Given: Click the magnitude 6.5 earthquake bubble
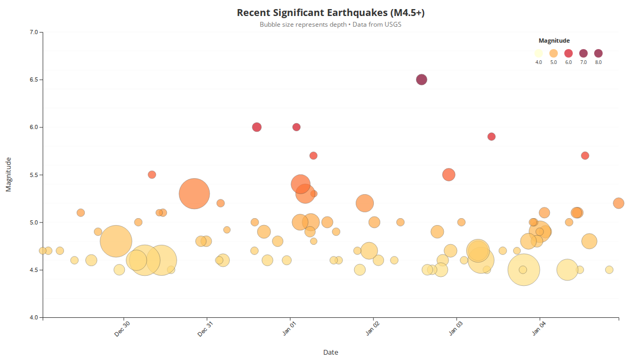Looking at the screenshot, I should click(421, 79).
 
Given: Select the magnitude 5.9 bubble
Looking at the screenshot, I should click(491, 137).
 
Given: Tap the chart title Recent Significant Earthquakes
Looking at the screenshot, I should click(330, 13).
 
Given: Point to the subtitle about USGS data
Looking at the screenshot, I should click(330, 25).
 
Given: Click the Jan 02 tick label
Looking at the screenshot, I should click(372, 329).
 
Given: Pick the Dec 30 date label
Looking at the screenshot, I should click(123, 329).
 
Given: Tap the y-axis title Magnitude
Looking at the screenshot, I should click(9, 174).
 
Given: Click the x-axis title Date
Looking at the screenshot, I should click(330, 352).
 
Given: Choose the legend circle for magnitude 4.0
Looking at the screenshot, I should click(539, 53).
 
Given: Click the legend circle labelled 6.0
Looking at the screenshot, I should click(569, 53).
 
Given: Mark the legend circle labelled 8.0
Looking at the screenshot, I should click(598, 53).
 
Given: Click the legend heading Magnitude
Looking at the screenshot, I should click(554, 41).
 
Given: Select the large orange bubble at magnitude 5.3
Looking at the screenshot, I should click(194, 194).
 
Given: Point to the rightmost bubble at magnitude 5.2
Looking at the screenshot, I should click(619, 203).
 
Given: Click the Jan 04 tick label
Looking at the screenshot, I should click(539, 329).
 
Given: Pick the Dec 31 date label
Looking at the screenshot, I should click(206, 329).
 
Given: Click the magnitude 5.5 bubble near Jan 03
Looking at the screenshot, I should click(449, 174).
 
